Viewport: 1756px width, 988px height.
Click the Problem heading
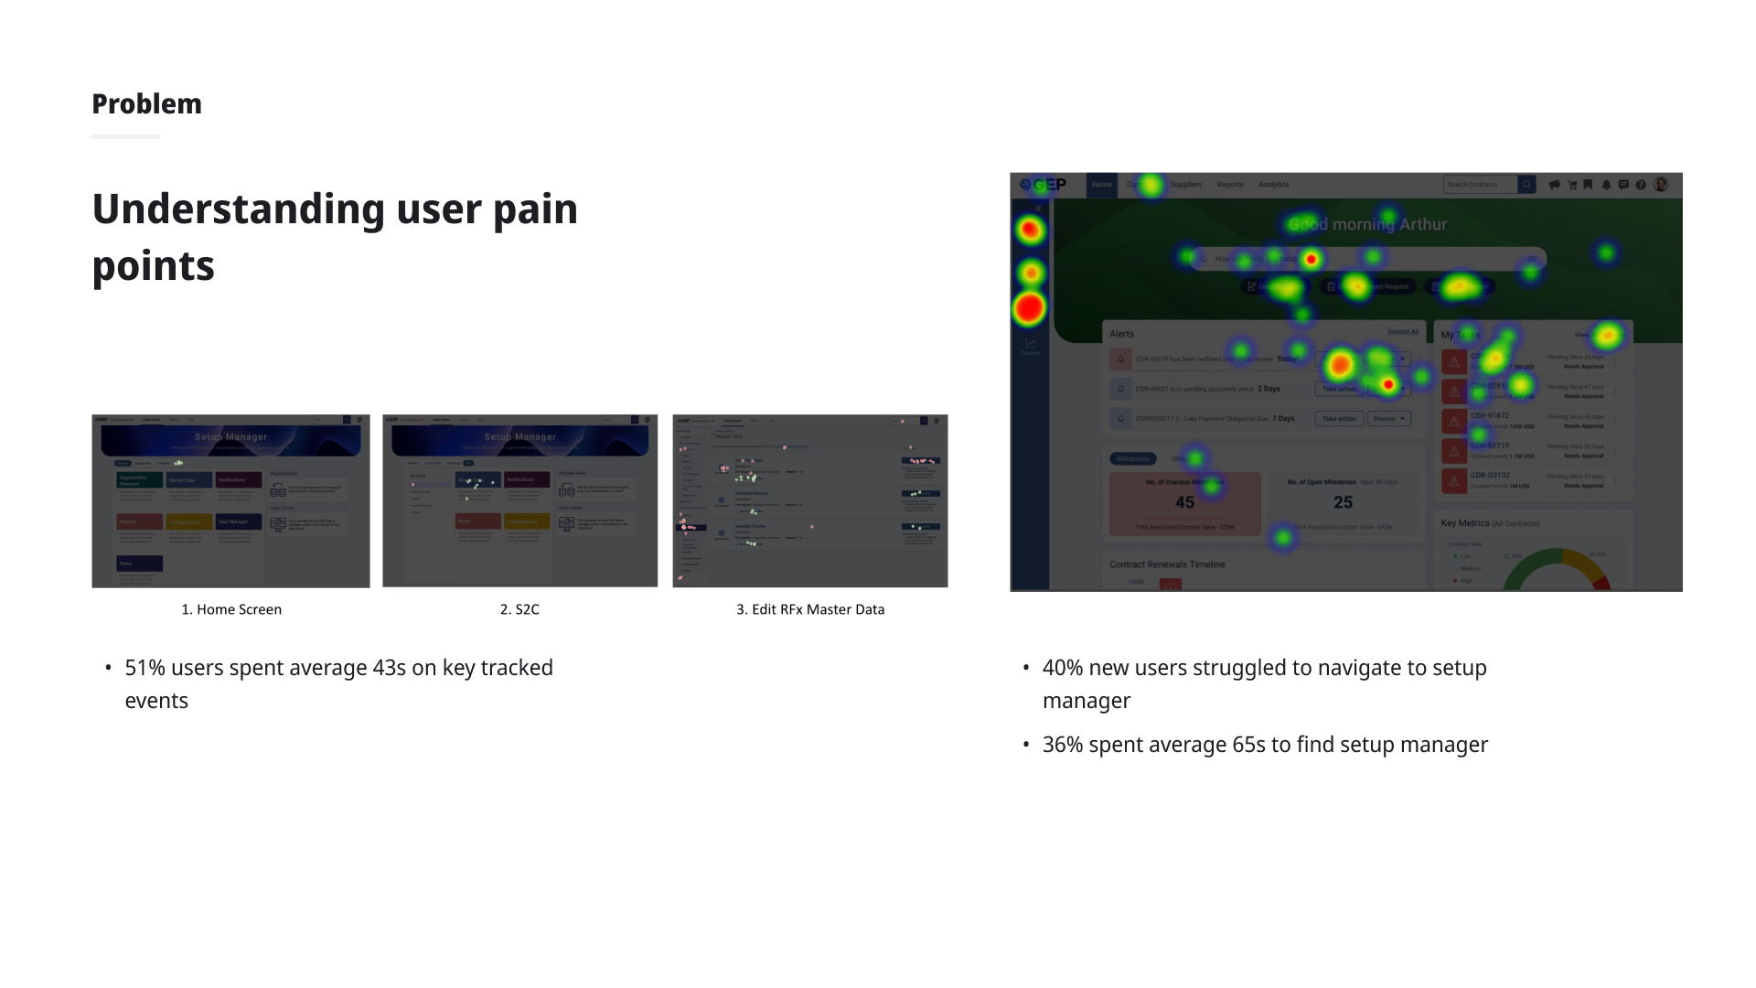click(x=146, y=104)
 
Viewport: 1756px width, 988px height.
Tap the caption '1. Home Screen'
click(x=231, y=609)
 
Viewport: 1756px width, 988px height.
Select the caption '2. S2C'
click(x=519, y=609)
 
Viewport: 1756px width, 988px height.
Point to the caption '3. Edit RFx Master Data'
click(x=810, y=609)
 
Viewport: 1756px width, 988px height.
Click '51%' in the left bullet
click(x=145, y=668)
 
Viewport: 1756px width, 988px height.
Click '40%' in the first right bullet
click(x=1062, y=668)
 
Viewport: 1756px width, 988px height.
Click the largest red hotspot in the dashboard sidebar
click(x=1029, y=308)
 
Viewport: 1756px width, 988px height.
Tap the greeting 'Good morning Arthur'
click(x=1367, y=224)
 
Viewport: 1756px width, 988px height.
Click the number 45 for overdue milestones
click(x=1184, y=502)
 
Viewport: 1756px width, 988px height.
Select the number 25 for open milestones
click(x=1343, y=502)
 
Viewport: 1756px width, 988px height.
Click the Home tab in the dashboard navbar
click(x=1101, y=185)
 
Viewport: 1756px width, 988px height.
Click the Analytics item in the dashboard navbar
click(x=1273, y=185)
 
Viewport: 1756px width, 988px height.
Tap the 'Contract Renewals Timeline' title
click(x=1167, y=564)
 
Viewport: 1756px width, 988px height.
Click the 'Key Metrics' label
click(x=1465, y=523)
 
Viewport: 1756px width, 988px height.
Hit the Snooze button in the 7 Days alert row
click(x=1388, y=419)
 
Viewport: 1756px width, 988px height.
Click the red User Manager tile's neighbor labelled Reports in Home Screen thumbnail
click(x=139, y=522)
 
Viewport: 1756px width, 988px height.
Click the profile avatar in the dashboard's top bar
click(x=1661, y=185)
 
